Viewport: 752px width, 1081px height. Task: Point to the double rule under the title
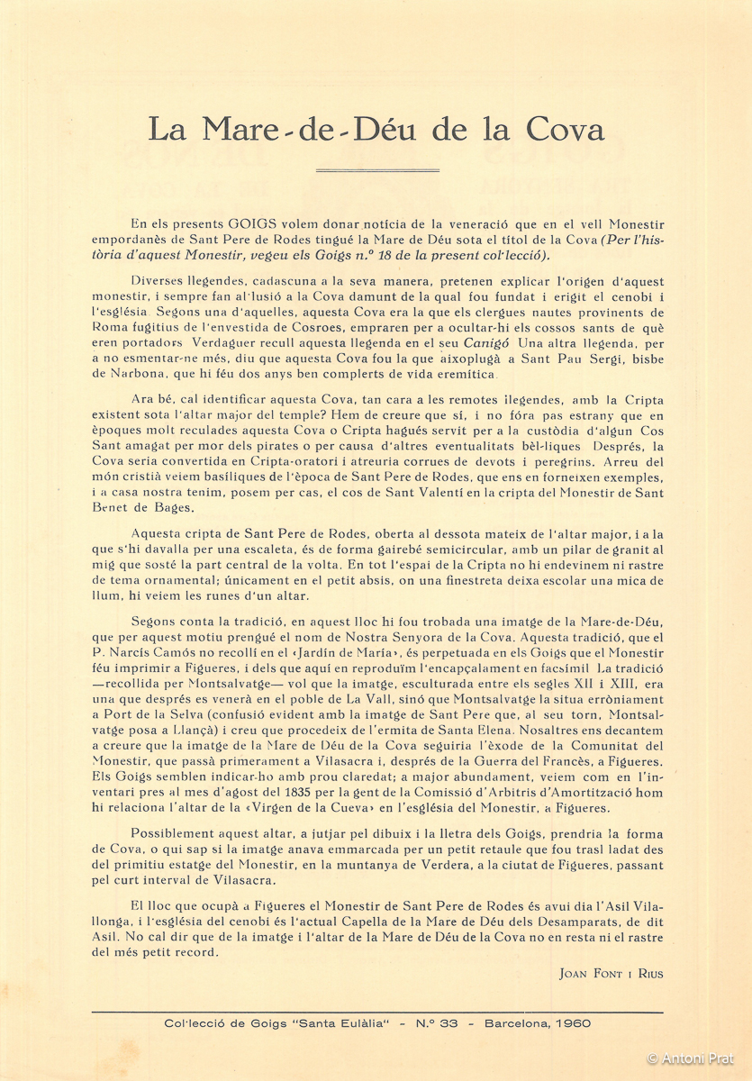click(x=376, y=169)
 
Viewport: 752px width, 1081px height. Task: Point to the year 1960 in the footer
click(x=573, y=1024)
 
